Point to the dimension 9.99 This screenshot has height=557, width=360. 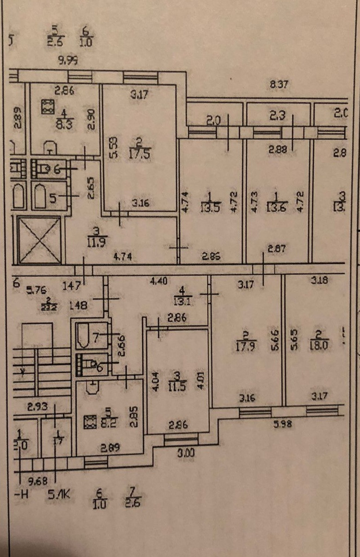pos(66,59)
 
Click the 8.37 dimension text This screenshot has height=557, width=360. pos(280,84)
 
